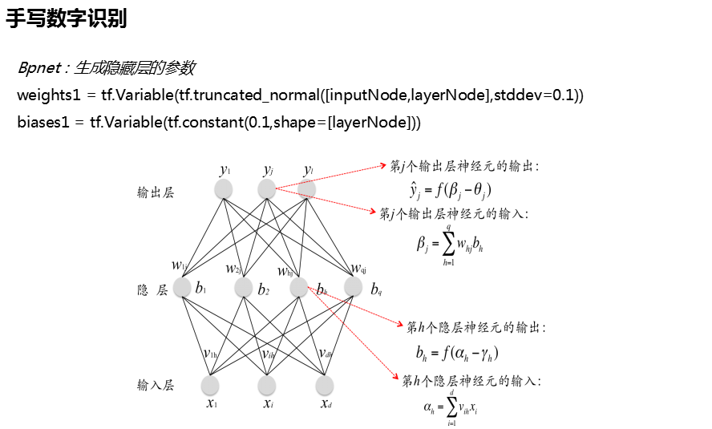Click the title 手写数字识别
tap(67, 19)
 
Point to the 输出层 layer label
tap(156, 192)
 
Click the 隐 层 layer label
tap(152, 289)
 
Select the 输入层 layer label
tap(156, 386)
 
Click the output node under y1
tap(225, 189)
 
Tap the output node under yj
tap(266, 189)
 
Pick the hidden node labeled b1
tap(182, 287)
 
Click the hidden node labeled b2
tap(244, 287)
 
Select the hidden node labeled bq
tap(354, 287)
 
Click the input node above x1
tap(211, 385)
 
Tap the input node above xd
tap(326, 385)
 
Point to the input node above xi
tap(267, 385)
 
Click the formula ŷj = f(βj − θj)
tap(450, 190)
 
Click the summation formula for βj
tap(450, 241)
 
